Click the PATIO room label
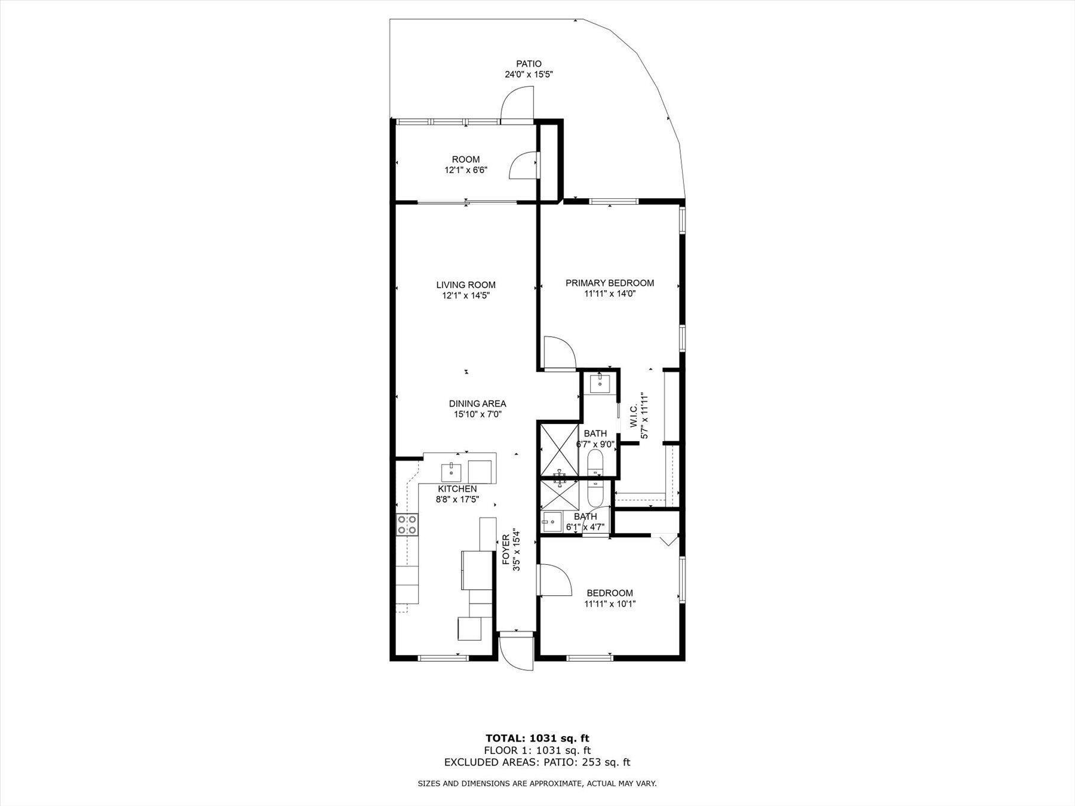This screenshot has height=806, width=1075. point(529,64)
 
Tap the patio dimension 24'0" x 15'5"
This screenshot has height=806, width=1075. point(529,75)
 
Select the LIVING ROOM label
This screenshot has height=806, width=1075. point(466,285)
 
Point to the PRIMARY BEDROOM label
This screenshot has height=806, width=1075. point(610,283)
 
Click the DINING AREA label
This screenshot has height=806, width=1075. point(478,404)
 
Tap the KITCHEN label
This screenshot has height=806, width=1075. point(457,489)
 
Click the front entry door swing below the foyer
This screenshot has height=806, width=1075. point(515,653)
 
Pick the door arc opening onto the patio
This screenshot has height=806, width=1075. point(517,103)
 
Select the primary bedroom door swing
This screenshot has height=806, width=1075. point(559,353)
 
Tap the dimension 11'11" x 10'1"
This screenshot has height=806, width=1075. point(610,604)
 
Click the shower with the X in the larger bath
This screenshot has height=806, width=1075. point(559,451)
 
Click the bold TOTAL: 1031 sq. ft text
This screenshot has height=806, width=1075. point(537,739)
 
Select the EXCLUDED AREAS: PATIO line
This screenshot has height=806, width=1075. point(537,762)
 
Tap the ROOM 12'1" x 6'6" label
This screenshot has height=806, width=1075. point(466,165)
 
